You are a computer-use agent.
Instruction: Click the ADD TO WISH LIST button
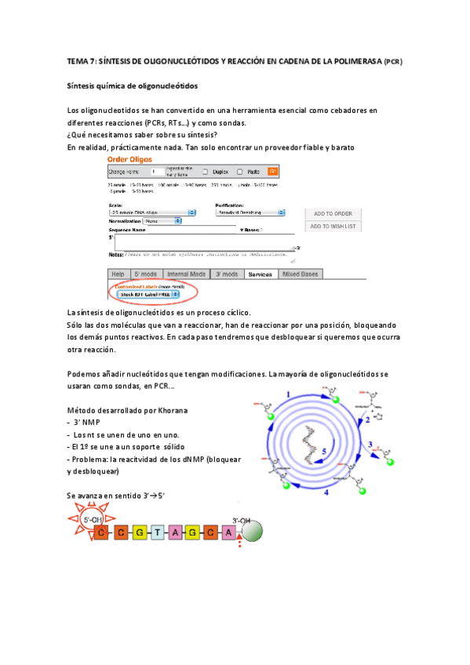click(x=333, y=227)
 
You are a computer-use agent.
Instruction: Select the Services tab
click(x=259, y=274)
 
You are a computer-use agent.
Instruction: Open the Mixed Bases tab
click(x=300, y=274)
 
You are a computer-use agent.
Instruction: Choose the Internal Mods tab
click(x=187, y=274)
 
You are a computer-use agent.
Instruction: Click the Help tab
click(x=118, y=274)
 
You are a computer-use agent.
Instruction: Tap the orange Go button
click(x=273, y=170)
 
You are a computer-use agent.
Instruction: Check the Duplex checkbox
click(x=206, y=171)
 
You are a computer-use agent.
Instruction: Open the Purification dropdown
click(x=250, y=213)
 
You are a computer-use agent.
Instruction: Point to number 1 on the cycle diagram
click(x=288, y=394)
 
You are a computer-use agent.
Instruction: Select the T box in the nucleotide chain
click(x=158, y=533)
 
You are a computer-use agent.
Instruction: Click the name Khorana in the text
click(x=172, y=411)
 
